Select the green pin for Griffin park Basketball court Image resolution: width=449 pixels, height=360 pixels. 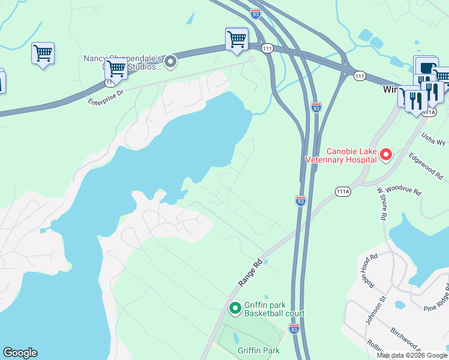pyautogui.click(x=235, y=308)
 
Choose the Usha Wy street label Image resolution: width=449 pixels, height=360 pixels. pyautogui.click(x=433, y=140)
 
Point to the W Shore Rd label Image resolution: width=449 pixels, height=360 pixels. pyautogui.click(x=381, y=204)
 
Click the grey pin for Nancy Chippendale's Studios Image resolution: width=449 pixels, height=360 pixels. pyautogui.click(x=170, y=61)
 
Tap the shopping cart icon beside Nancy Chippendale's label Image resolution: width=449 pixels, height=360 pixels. pyautogui.click(x=116, y=69)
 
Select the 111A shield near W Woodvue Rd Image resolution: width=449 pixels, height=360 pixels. pyautogui.click(x=342, y=191)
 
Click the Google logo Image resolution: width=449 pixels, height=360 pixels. pyautogui.click(x=20, y=353)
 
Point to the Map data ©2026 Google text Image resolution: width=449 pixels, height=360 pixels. pyautogui.click(x=412, y=355)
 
